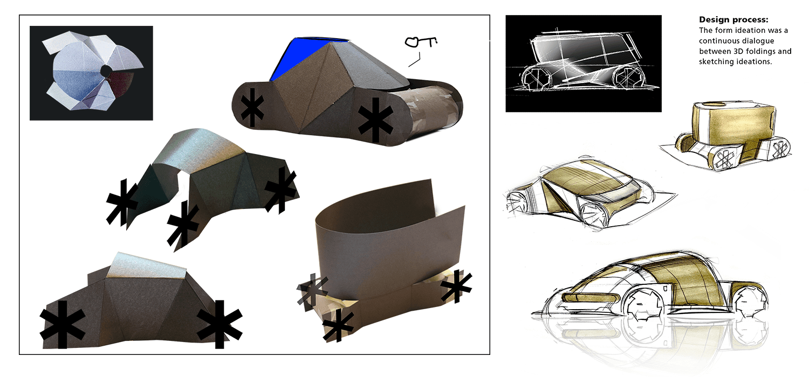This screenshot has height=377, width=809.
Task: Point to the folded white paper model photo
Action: click(x=91, y=73)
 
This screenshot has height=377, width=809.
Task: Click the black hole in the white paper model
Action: click(x=106, y=70)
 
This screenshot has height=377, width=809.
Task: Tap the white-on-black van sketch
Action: click(x=583, y=64)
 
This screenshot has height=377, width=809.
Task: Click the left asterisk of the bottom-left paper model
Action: click(x=63, y=325)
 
